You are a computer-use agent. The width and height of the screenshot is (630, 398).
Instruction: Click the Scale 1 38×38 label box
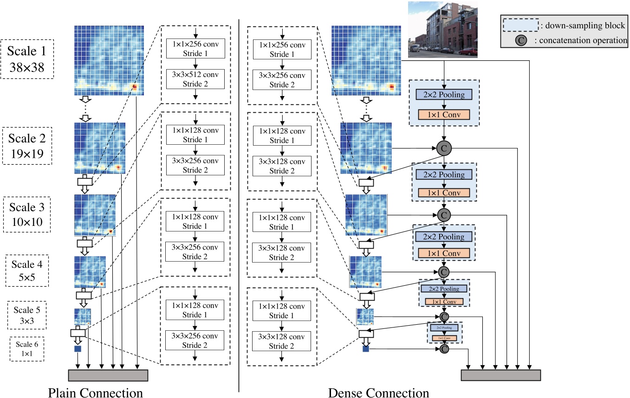coord(27,58)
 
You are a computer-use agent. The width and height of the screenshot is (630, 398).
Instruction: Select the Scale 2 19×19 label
coord(27,145)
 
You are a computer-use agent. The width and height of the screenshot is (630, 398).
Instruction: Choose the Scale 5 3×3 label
coord(26,315)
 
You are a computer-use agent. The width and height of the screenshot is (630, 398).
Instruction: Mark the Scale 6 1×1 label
coord(26,348)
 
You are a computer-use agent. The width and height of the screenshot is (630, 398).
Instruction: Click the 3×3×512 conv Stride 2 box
coord(195,79)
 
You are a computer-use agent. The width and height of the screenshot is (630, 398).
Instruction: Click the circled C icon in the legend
coord(521,40)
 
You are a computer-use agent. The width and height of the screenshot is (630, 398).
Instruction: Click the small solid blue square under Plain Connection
coord(78,348)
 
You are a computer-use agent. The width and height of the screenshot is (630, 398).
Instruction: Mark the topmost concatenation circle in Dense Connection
coord(444,148)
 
